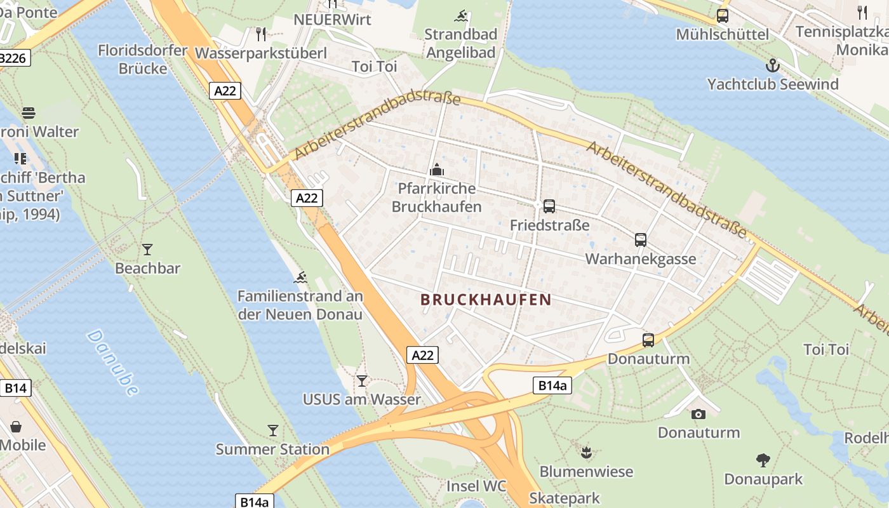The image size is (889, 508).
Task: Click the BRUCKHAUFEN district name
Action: tap(486, 300)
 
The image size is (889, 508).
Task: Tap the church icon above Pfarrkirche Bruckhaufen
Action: tap(437, 170)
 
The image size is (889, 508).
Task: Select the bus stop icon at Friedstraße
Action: tap(549, 206)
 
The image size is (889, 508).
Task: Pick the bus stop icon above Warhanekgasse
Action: tap(641, 240)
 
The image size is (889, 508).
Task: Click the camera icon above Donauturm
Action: tap(698, 414)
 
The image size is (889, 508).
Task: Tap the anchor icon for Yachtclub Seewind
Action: tap(772, 65)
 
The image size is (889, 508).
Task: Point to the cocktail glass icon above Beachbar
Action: tap(147, 250)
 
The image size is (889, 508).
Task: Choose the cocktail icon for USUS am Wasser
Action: tap(362, 381)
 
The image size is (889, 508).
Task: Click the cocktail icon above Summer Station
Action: tap(273, 431)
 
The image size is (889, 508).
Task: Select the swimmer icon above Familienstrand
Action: tap(301, 277)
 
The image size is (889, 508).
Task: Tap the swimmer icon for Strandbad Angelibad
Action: tap(461, 16)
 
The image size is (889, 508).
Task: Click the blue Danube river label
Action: tap(112, 363)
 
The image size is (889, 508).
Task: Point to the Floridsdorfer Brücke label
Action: tap(143, 59)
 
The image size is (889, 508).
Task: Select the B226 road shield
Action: tap(13, 58)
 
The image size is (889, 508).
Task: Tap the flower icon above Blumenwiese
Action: tap(586, 452)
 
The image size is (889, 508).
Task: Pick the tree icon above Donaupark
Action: tap(763, 460)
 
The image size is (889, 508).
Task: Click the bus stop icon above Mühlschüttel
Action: tap(723, 16)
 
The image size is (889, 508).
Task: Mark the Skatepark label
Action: tap(565, 498)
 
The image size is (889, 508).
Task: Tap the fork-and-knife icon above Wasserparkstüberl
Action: tap(261, 34)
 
